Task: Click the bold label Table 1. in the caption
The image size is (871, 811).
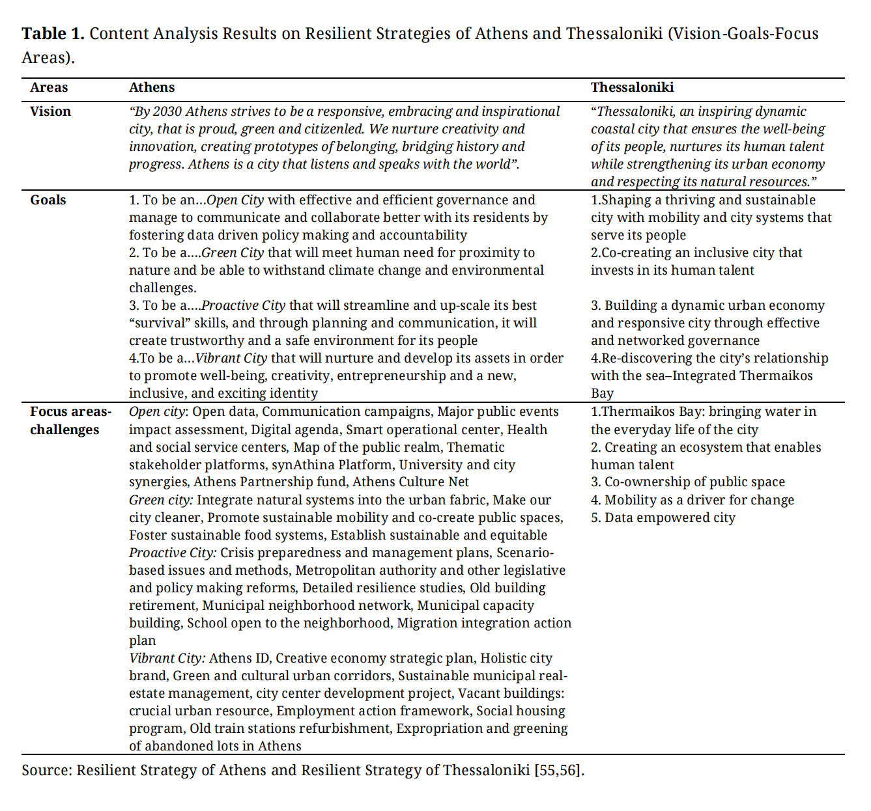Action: coord(53,34)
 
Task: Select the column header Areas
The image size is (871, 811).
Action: coord(49,88)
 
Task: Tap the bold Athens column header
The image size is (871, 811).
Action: coord(152,88)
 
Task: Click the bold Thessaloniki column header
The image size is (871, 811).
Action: coord(632,88)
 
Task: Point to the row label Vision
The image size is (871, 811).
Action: coord(50,111)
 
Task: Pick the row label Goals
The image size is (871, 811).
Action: coord(48,200)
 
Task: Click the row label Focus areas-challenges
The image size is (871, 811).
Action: coord(70,420)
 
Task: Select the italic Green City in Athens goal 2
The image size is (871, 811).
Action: coord(233,253)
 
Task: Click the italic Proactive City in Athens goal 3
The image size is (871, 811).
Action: coord(243,305)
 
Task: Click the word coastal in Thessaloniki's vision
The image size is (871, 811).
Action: coord(613,129)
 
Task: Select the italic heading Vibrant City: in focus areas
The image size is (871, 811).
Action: coord(167,658)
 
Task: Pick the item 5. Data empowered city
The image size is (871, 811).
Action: coord(663,517)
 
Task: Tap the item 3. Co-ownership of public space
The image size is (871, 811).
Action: coord(687,482)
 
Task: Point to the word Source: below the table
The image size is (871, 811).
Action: coord(47,771)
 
